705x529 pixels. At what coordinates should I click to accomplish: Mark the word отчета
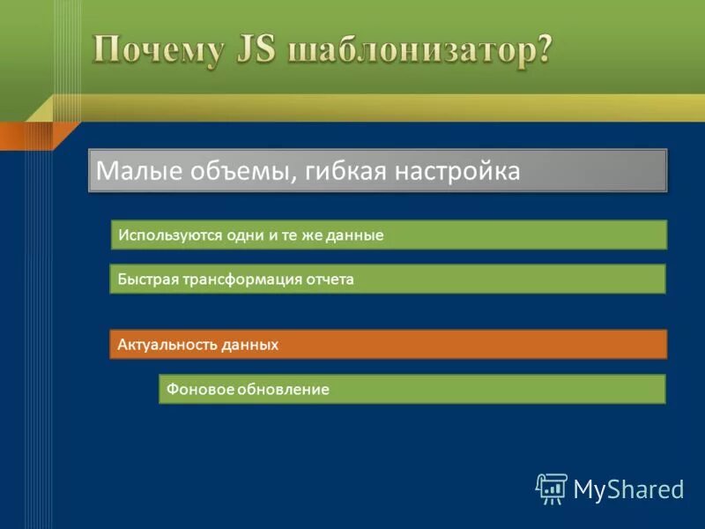[328, 279]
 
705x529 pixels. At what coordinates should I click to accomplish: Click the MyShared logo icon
[552, 488]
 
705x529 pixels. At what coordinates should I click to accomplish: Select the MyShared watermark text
[629, 488]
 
